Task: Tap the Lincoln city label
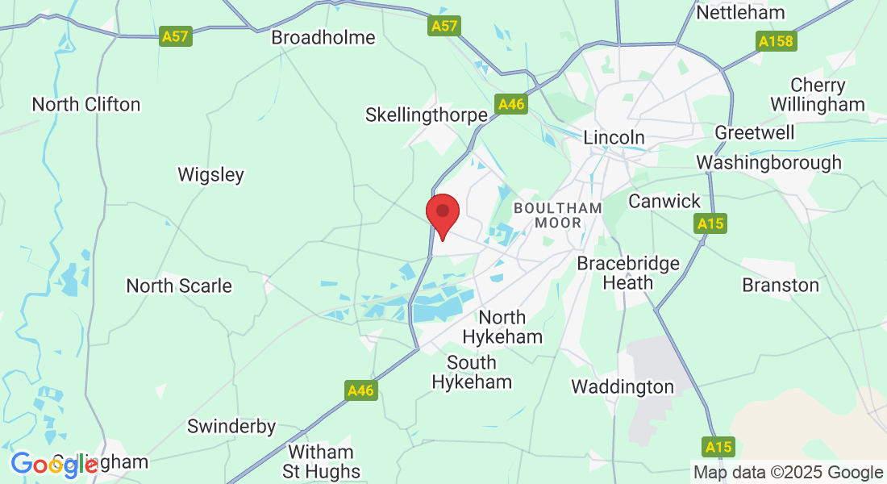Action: coord(614,137)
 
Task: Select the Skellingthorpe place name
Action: coord(427,115)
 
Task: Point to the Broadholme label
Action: coord(323,37)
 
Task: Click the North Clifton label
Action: coord(86,104)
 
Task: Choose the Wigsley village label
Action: coord(210,174)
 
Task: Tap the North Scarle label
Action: coord(179,286)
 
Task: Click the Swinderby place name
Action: coord(231,426)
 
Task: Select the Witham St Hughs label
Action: coord(320,461)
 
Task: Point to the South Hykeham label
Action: coord(472,372)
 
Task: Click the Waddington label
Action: coord(623,386)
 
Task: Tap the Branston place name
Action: coord(781,285)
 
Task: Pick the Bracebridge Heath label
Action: coord(628,273)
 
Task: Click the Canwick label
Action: coord(665,201)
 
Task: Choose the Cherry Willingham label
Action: coord(818,94)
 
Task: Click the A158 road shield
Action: coord(776,40)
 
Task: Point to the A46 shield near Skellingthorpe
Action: coord(511,104)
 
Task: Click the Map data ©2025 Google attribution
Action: coord(789,472)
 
